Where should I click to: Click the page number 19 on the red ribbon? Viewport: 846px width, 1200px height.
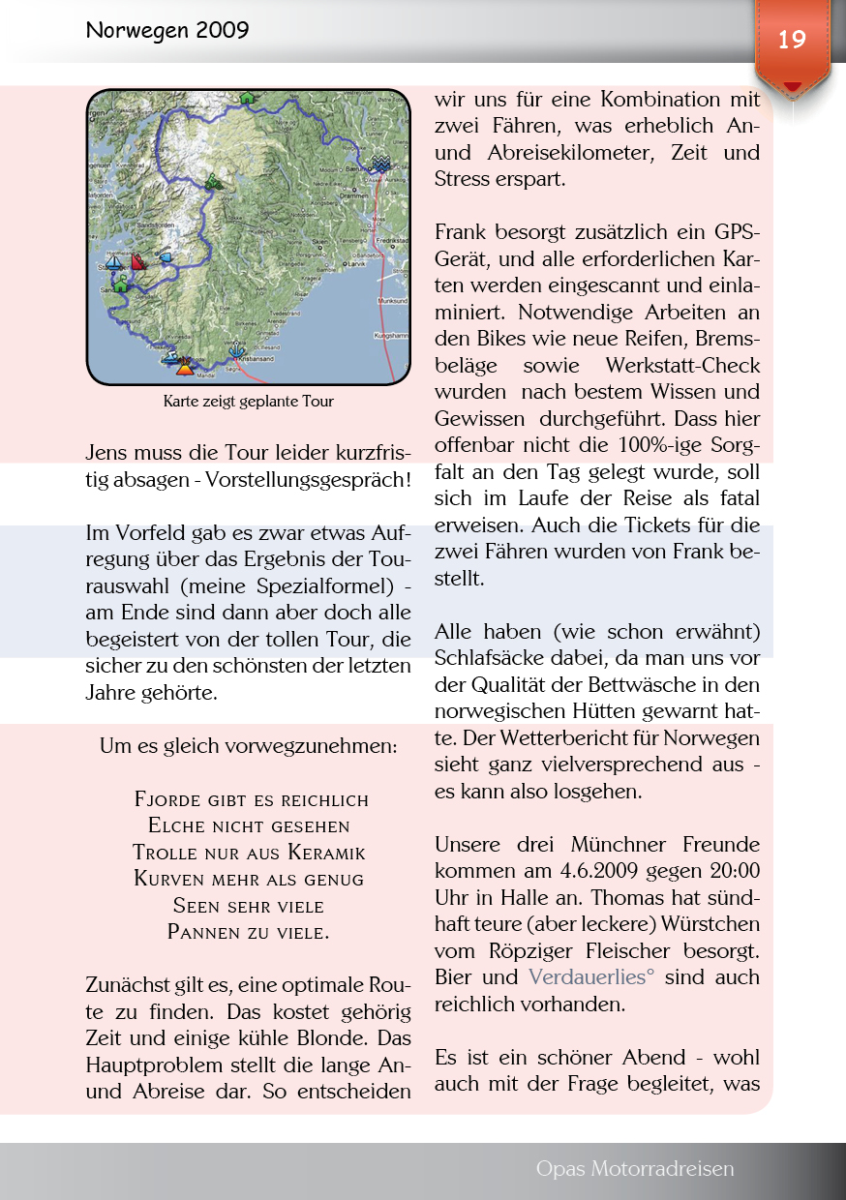coord(792,40)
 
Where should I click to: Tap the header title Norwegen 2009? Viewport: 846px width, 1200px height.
coord(167,31)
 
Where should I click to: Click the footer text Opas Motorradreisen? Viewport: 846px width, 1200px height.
coord(635,1169)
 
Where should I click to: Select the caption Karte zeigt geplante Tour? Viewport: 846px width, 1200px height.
coord(249,401)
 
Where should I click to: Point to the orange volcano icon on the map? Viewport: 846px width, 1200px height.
coord(185,366)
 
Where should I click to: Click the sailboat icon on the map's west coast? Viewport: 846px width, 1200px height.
coord(114,263)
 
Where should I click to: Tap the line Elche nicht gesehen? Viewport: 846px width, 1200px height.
coord(249,826)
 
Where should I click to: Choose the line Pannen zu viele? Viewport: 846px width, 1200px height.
coord(249,933)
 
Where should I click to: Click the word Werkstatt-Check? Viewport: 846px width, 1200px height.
coord(682,367)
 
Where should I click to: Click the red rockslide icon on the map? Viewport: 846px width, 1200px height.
coord(138,262)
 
